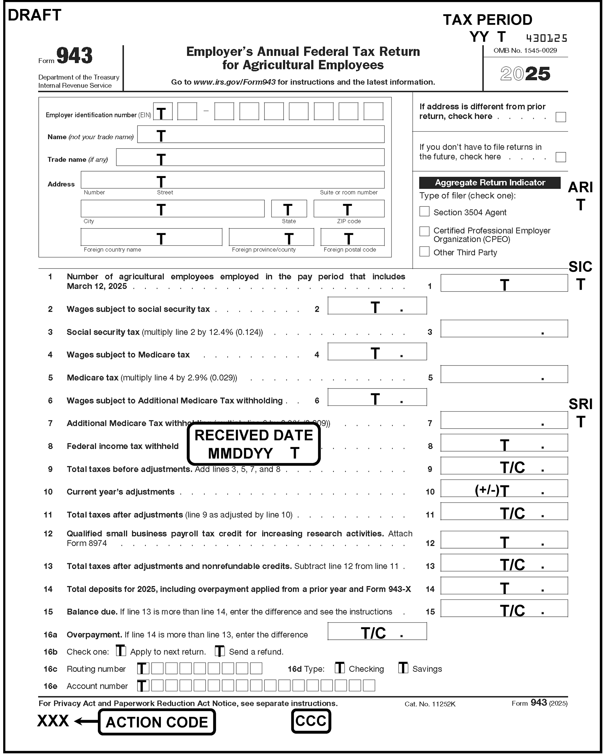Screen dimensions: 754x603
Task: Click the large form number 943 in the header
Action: point(74,56)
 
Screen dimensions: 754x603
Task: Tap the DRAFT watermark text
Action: point(34,15)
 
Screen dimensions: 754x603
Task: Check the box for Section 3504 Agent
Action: point(424,211)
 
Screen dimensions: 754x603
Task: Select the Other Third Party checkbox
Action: point(424,252)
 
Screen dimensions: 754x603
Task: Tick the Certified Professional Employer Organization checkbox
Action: point(424,231)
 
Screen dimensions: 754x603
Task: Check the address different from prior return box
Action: point(560,117)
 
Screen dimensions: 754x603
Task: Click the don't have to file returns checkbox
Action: point(560,157)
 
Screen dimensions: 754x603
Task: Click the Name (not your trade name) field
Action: point(261,134)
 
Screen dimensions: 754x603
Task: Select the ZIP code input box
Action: point(349,208)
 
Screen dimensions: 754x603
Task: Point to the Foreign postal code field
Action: point(352,237)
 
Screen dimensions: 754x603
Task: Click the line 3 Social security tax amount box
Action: point(504,328)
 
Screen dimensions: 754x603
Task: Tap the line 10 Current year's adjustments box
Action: point(504,488)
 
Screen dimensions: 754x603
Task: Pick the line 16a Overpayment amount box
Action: point(377,631)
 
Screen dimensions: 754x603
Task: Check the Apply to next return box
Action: point(121,651)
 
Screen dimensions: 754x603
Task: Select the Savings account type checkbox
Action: point(403,668)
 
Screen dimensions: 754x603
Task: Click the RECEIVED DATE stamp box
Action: point(254,444)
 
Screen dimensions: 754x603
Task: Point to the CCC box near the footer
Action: point(310,721)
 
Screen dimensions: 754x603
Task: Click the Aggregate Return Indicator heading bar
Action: point(489,182)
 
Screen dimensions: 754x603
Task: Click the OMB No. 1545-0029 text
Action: point(525,50)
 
